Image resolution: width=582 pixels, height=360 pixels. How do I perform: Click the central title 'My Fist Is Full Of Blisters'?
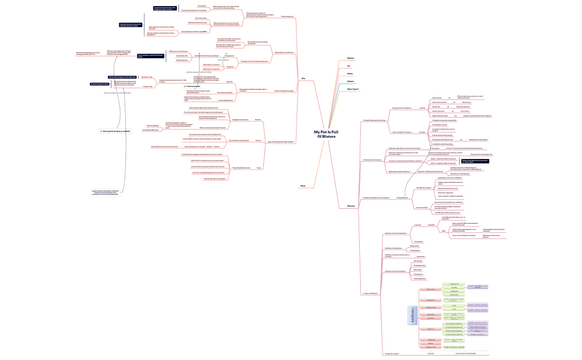click(325, 134)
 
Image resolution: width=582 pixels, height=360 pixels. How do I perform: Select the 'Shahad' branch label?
click(350, 58)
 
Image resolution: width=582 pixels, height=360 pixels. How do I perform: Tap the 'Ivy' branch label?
click(349, 65)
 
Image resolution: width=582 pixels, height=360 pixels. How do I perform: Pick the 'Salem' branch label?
click(350, 73)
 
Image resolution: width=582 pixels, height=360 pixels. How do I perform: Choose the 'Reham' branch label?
click(350, 81)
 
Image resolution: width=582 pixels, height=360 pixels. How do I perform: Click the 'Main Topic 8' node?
click(353, 89)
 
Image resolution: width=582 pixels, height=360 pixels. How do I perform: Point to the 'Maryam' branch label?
click(351, 221)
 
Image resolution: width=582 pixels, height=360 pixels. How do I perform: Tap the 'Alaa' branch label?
click(303, 79)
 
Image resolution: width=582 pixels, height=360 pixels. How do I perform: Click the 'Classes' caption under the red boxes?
click(431, 353)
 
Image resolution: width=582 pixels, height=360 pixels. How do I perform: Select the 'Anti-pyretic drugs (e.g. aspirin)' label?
click(117, 131)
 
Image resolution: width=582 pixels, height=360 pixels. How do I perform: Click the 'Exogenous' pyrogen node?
click(230, 66)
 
